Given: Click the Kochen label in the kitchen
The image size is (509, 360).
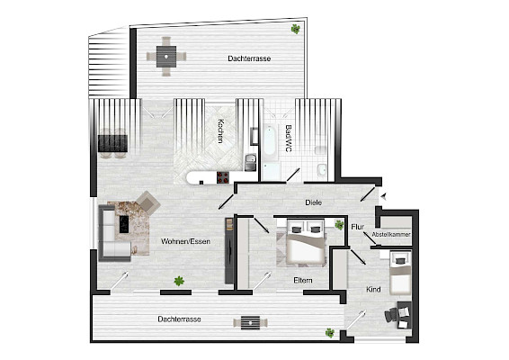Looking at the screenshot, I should coord(219,133).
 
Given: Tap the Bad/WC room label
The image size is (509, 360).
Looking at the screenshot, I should coord(288,137).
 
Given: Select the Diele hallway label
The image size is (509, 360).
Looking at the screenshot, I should coord(313,202).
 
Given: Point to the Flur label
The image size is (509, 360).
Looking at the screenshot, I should coord(357,226).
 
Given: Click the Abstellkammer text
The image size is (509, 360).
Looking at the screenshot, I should coord(391,235).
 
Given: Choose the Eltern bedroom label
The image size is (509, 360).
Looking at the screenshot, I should coord(303,281).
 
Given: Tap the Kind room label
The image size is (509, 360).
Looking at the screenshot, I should coord(374,289).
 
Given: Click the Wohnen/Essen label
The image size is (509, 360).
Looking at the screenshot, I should coord(186,242).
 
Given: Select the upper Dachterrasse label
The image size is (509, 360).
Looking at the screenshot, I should coord(250,58).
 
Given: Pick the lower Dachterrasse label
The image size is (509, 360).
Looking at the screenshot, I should coord(179,319).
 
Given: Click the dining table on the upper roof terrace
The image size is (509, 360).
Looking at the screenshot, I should coord(166,56).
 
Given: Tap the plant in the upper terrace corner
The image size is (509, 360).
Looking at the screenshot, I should coord(295,29).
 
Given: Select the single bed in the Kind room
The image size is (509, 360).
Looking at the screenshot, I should coord(399,270).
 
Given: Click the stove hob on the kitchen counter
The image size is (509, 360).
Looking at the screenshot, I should coord(222,177).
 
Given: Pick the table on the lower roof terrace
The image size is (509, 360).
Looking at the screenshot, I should coord(248,322).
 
